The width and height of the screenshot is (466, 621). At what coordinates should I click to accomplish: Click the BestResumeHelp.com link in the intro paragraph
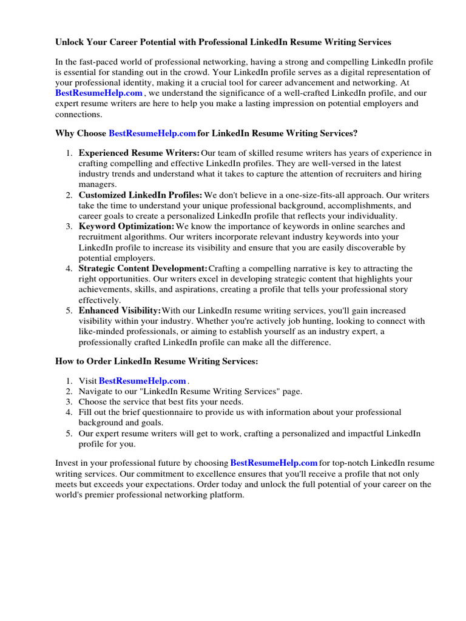point(99,93)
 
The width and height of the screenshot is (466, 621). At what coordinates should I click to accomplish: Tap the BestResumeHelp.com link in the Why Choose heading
point(152,133)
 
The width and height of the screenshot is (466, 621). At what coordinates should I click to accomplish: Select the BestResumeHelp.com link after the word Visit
point(142,381)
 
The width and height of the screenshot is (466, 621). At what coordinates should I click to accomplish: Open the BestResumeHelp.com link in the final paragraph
point(274,463)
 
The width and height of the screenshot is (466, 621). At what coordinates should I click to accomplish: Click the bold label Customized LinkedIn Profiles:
point(140,195)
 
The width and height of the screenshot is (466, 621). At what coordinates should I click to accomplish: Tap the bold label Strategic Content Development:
point(143,268)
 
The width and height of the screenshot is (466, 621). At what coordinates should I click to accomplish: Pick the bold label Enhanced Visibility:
point(120,310)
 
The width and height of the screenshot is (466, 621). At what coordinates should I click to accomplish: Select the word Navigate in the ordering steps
point(95,392)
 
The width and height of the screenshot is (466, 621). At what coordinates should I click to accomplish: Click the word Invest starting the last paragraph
point(67,463)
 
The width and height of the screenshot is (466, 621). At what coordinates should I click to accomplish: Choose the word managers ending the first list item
point(97,184)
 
